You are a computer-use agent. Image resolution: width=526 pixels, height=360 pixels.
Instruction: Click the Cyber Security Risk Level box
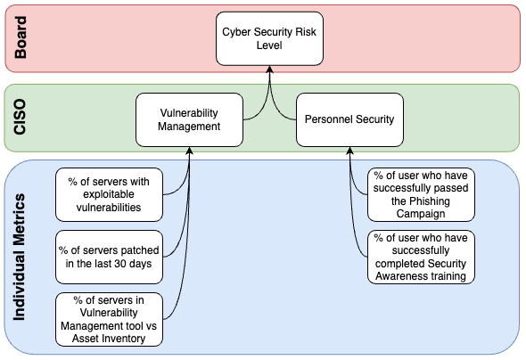pyautogui.click(x=269, y=38)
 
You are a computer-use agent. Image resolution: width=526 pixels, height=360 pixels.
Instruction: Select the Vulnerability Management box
pyautogui.click(x=189, y=119)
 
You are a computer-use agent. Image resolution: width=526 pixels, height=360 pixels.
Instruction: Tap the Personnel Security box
pyautogui.click(x=349, y=119)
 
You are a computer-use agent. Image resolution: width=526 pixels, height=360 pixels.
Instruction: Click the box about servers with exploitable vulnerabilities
pyautogui.click(x=109, y=194)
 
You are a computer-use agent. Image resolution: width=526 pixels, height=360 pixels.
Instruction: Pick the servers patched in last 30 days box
pyautogui.click(x=109, y=257)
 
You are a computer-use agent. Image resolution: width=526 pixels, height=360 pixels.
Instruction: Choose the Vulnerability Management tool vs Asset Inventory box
pyautogui.click(x=109, y=319)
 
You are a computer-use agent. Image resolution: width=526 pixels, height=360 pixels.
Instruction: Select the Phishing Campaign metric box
pyautogui.click(x=421, y=194)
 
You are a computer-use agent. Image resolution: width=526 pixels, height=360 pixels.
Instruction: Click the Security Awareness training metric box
pyautogui.click(x=421, y=257)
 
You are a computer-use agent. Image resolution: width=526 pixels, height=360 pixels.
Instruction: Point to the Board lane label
pyautogui.click(x=21, y=37)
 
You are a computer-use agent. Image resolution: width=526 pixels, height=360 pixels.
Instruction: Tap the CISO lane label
pyautogui.click(x=20, y=117)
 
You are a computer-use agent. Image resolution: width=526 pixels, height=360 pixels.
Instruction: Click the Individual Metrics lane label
pyautogui.click(x=19, y=257)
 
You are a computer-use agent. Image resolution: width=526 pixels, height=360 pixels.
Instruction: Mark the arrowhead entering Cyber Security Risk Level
pyautogui.click(x=269, y=69)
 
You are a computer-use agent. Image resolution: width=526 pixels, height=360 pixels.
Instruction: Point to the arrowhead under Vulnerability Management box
pyautogui.click(x=190, y=151)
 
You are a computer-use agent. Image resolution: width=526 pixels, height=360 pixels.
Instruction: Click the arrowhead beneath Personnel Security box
pyautogui.click(x=349, y=151)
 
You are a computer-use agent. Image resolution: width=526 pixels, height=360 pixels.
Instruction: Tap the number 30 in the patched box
pyautogui.click(x=119, y=264)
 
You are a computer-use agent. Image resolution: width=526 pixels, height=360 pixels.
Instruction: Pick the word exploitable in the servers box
pyautogui.click(x=109, y=194)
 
